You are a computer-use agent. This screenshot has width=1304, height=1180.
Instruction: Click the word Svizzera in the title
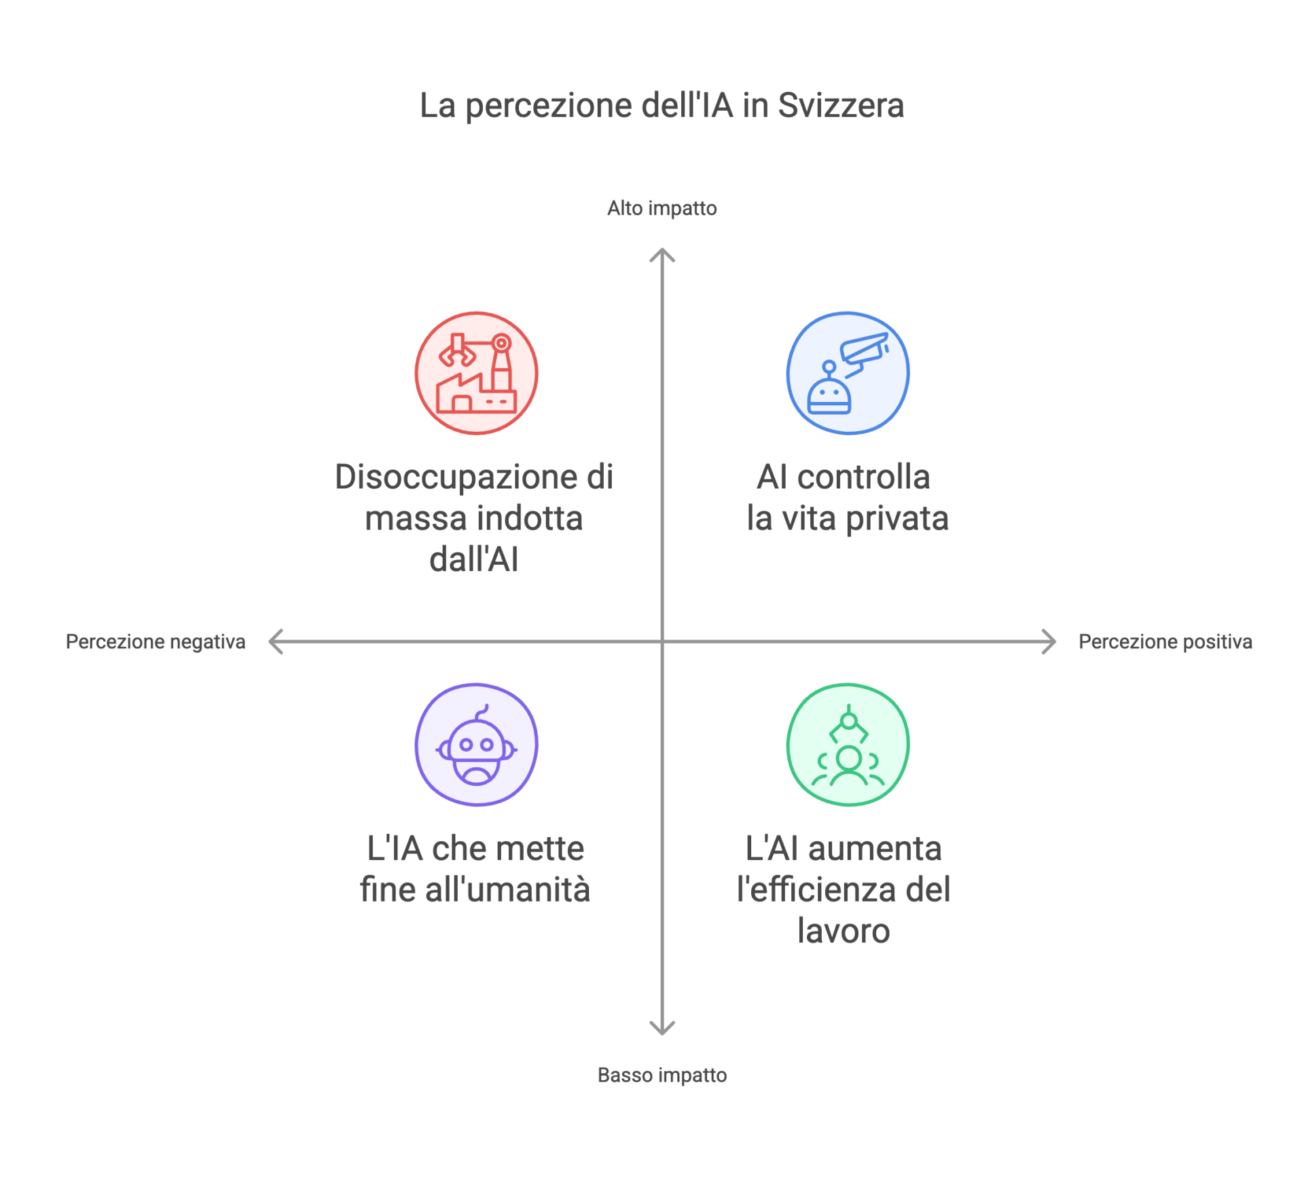[x=841, y=105]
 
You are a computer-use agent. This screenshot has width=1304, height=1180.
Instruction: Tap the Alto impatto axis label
[x=662, y=208]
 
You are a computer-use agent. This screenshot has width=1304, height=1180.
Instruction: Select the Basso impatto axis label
[x=662, y=1075]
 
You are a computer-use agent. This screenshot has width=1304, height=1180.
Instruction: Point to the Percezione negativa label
[x=156, y=642]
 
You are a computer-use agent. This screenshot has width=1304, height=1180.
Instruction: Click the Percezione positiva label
[x=1165, y=642]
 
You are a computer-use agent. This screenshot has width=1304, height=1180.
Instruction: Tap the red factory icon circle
[x=477, y=373]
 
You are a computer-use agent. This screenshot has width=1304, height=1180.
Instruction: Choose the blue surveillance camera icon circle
[x=848, y=373]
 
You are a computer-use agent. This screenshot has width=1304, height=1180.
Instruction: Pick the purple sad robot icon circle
[x=477, y=745]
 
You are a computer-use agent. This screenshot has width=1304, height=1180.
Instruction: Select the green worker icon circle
[x=848, y=745]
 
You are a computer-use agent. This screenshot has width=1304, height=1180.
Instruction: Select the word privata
[x=897, y=519]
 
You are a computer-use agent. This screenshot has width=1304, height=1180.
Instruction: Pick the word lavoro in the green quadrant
[x=844, y=931]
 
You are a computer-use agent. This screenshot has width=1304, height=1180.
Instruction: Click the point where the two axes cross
[x=662, y=642]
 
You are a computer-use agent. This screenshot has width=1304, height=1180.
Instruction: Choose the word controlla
[x=863, y=477]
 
